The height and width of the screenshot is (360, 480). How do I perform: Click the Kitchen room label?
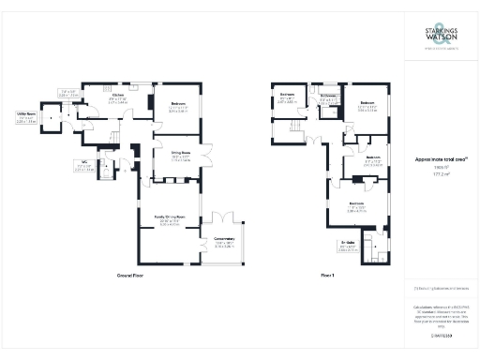click(119, 96)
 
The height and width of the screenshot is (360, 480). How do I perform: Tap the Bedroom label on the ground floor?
click(178, 102)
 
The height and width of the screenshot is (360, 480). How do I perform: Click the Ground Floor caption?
click(129, 277)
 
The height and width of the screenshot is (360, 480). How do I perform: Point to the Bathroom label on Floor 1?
click(328, 96)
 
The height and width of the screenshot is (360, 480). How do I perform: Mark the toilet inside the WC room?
click(105, 172)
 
